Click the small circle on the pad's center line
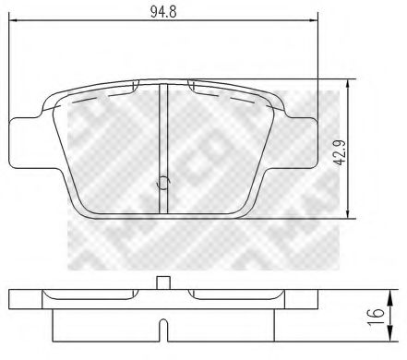pyautogui.click(x=163, y=182)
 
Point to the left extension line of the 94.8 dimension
pyautogui.click(x=11, y=74)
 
